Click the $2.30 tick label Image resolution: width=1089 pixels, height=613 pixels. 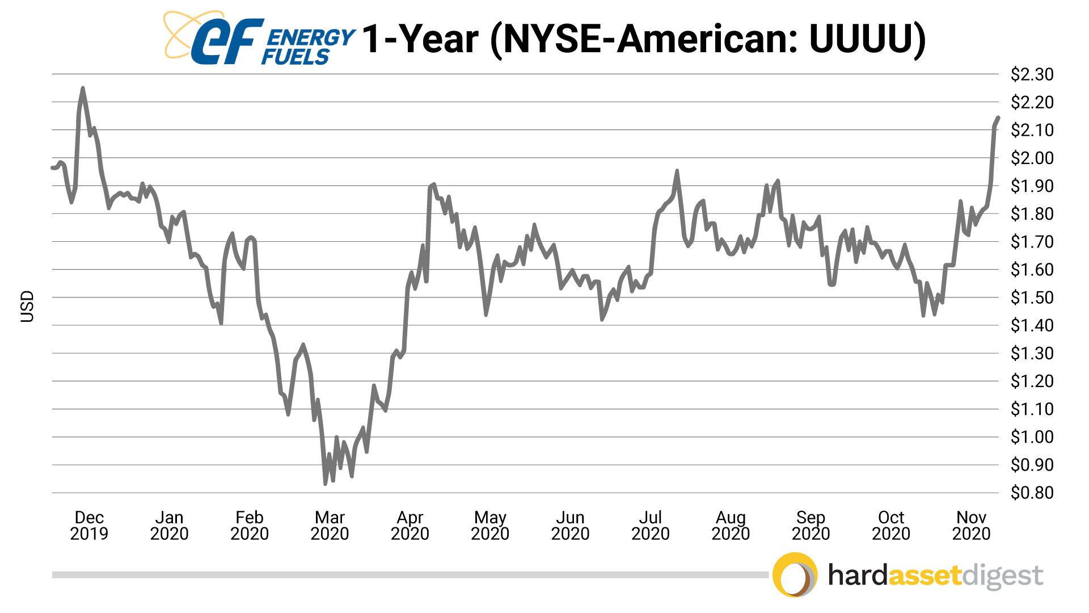click(x=1032, y=74)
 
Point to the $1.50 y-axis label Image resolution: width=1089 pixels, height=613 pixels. click(x=1032, y=297)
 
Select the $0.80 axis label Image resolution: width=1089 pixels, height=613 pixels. click(x=1032, y=493)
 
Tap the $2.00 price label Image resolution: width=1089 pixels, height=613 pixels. click(x=1032, y=158)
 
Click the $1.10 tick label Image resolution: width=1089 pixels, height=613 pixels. click(x=1032, y=409)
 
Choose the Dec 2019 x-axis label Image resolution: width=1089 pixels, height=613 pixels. click(x=89, y=526)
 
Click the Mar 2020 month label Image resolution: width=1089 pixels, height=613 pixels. click(x=330, y=526)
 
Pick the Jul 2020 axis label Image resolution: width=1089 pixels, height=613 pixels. click(x=651, y=526)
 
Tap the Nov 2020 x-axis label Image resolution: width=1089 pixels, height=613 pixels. click(x=971, y=526)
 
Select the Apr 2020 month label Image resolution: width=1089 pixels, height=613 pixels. click(x=410, y=526)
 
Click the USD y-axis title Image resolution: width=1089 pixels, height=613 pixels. click(x=27, y=306)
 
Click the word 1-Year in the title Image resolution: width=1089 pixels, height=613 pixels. click(x=420, y=40)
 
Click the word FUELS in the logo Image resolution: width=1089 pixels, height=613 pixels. click(x=296, y=57)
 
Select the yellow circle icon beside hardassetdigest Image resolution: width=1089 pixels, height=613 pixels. click(x=795, y=575)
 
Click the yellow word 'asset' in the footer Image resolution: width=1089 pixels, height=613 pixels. click(x=925, y=576)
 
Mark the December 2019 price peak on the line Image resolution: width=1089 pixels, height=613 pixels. click(x=83, y=88)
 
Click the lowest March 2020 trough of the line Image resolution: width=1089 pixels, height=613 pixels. click(x=325, y=484)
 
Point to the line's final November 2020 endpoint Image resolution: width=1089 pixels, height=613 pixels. click(x=998, y=117)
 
